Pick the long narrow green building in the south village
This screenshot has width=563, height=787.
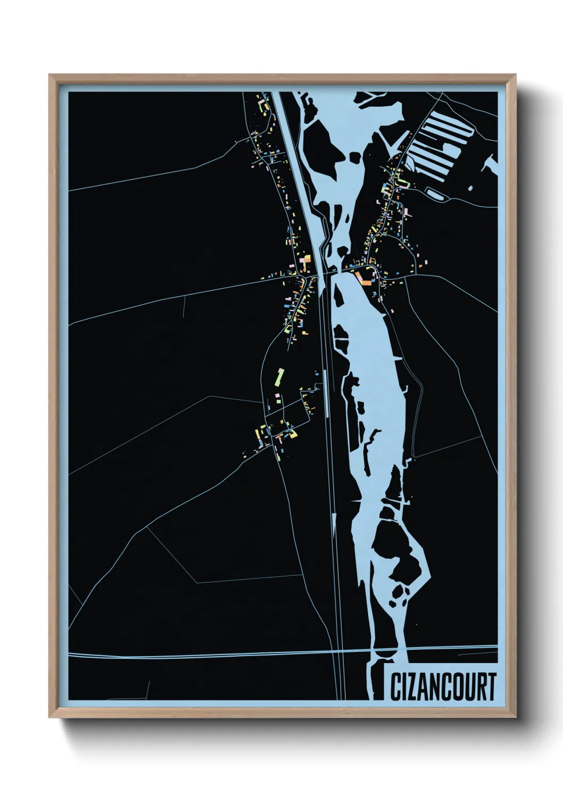(x=278, y=376)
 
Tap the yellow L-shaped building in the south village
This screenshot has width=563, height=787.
(x=292, y=432)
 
